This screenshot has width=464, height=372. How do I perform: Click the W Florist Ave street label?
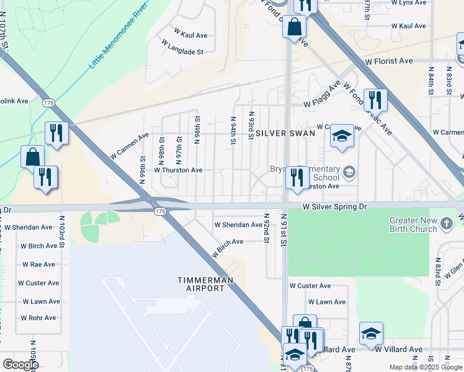[389, 61]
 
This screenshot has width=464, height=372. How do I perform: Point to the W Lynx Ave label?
[409, 2]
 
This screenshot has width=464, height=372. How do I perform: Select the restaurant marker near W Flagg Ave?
[375, 100]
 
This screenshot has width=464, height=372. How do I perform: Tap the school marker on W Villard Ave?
[371, 333]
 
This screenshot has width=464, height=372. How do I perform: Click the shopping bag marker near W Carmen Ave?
[33, 157]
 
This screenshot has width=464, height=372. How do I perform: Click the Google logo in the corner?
[20, 365]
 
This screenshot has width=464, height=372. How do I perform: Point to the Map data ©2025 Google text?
[426, 367]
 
